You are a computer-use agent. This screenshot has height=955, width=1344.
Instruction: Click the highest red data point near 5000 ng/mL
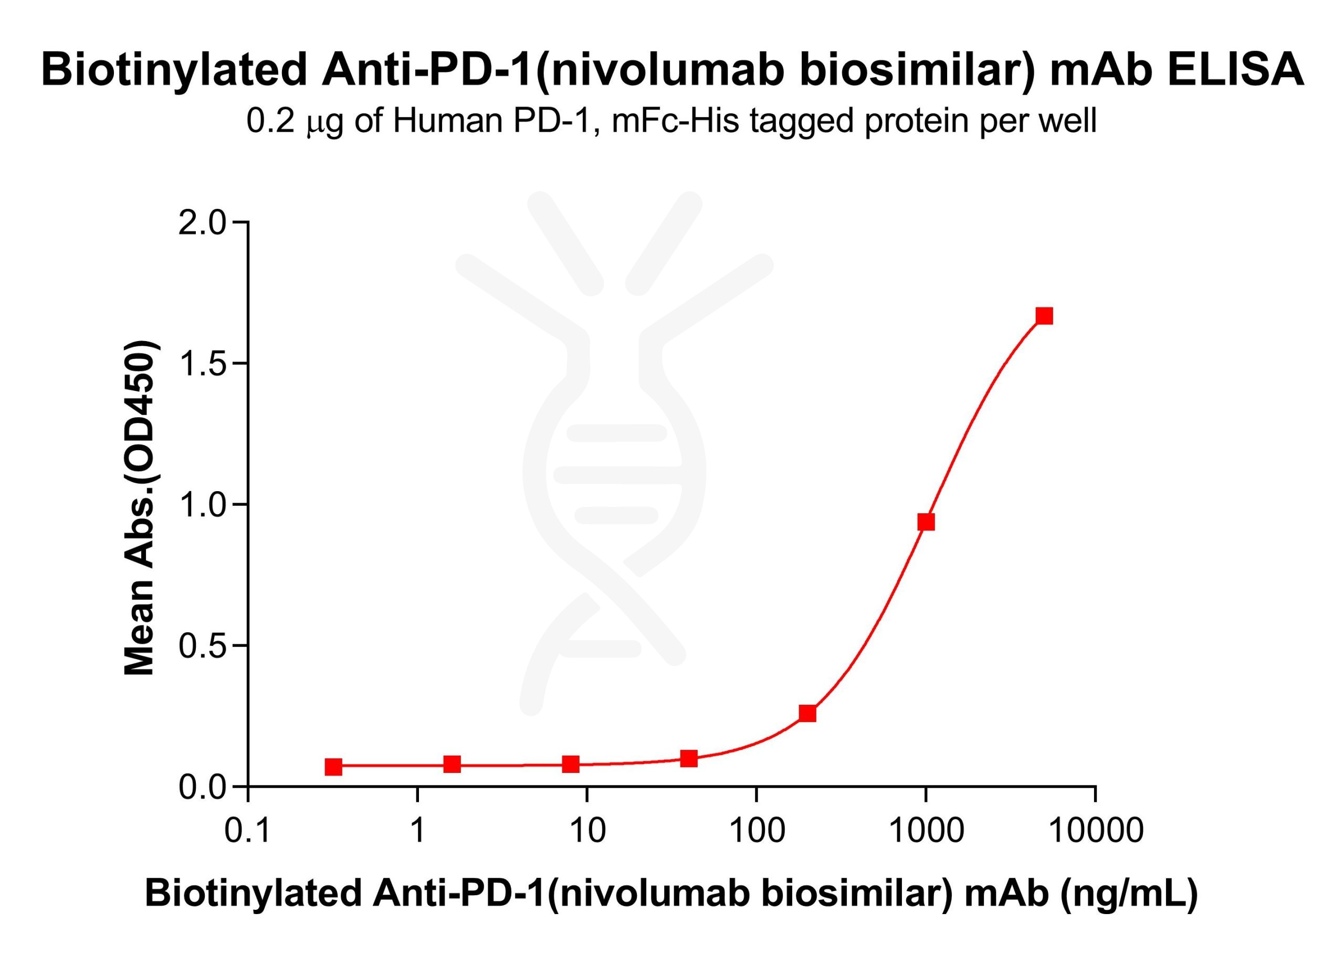click(x=1044, y=316)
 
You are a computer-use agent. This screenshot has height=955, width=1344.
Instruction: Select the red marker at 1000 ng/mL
click(x=926, y=522)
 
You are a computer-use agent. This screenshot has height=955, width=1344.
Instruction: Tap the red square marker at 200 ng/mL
click(x=807, y=713)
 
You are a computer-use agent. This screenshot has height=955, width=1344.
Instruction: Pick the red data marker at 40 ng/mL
click(x=689, y=759)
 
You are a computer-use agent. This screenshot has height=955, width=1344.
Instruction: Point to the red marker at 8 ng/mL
click(x=571, y=765)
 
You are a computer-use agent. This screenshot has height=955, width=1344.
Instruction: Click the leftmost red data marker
click(x=333, y=767)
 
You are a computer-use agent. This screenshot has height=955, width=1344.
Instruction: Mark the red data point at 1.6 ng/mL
click(x=451, y=765)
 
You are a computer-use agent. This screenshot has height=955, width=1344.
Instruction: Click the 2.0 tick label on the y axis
click(x=202, y=224)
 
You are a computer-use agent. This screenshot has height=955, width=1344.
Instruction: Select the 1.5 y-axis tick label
click(x=202, y=365)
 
